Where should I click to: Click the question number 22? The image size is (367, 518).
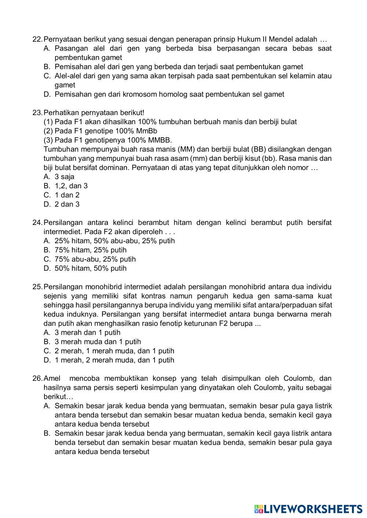pyautogui.click(x=37, y=39)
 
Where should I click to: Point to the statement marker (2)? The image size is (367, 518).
pyautogui.click(x=48, y=131)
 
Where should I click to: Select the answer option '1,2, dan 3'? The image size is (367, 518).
pyautogui.click(x=71, y=186)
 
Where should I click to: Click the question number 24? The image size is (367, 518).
pyautogui.click(x=37, y=223)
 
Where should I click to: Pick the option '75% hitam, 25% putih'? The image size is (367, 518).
pyautogui.click(x=90, y=250)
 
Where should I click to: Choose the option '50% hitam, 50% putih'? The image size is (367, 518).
pyautogui.click(x=90, y=269)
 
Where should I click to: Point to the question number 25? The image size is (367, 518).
pyautogui.click(x=37, y=287)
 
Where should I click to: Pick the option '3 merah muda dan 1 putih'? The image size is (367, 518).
pyautogui.click(x=98, y=342)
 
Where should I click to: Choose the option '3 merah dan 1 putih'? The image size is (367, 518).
pyautogui.click(x=87, y=333)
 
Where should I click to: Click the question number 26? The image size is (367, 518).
pyautogui.click(x=37, y=378)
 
